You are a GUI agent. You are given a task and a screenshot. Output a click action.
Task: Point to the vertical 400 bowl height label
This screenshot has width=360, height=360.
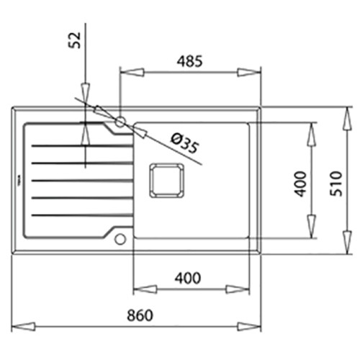[x=300, y=184]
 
